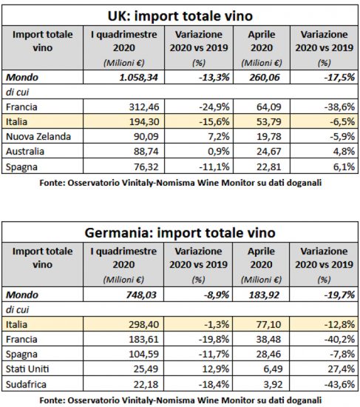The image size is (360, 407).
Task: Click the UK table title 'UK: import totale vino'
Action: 180,16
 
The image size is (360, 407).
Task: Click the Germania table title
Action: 180,233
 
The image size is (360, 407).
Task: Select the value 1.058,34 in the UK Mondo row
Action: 138,78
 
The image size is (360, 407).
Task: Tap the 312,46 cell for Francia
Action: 144,107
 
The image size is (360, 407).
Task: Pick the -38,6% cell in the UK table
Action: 339,107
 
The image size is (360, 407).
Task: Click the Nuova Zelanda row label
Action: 38,137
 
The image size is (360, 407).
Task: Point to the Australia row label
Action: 25,151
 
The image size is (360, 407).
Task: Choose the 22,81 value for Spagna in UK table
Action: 268,166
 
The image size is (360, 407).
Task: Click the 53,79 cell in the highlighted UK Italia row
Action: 268,122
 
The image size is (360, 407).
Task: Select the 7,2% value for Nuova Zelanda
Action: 219,137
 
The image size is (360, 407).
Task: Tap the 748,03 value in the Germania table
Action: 141,295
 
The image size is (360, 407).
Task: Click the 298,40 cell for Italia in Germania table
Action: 143,324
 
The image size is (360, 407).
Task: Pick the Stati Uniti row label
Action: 27,369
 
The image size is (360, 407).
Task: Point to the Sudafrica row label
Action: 26,384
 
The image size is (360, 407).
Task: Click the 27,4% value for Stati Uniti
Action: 342,369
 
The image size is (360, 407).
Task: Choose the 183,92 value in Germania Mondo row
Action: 264,295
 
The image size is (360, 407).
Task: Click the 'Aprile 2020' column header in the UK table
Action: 262,41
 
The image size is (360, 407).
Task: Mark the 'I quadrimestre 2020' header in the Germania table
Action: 123,258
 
